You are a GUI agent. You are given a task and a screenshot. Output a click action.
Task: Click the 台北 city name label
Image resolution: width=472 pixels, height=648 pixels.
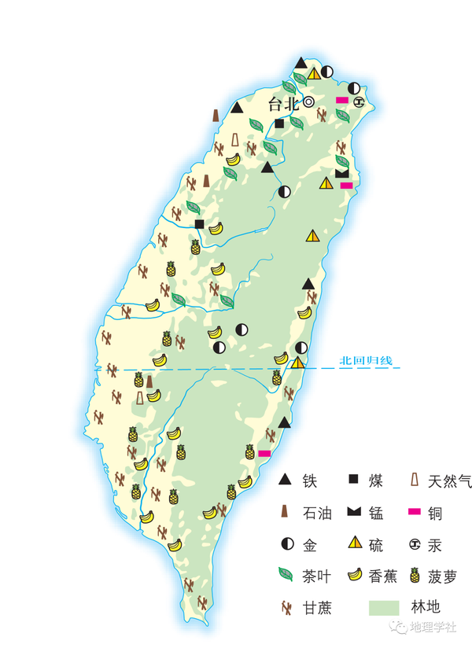click(284, 104)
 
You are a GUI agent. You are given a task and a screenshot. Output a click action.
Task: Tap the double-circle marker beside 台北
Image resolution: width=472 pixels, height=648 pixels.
click(309, 101)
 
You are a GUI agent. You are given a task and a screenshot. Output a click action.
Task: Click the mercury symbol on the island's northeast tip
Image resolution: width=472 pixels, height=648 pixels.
click(359, 101)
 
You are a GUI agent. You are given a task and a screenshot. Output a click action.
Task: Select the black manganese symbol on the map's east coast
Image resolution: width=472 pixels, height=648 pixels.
click(341, 172)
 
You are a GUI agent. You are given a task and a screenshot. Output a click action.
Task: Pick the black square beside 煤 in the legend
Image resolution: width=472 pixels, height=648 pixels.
click(354, 479)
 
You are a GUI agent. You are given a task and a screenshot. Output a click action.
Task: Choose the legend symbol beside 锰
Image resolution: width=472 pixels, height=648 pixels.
click(354, 513)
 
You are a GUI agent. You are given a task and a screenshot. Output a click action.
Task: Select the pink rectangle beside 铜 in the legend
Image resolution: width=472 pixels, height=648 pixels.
click(414, 513)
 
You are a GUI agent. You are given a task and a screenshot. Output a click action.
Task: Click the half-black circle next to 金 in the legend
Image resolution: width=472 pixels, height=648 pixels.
click(286, 543)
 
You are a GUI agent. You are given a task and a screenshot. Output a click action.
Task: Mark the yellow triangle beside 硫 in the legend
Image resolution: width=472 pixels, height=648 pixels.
click(355, 543)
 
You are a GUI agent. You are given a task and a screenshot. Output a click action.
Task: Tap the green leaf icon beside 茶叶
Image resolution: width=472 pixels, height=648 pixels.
click(286, 575)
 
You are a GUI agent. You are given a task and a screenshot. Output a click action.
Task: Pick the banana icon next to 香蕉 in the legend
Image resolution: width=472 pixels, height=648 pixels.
click(354, 574)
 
